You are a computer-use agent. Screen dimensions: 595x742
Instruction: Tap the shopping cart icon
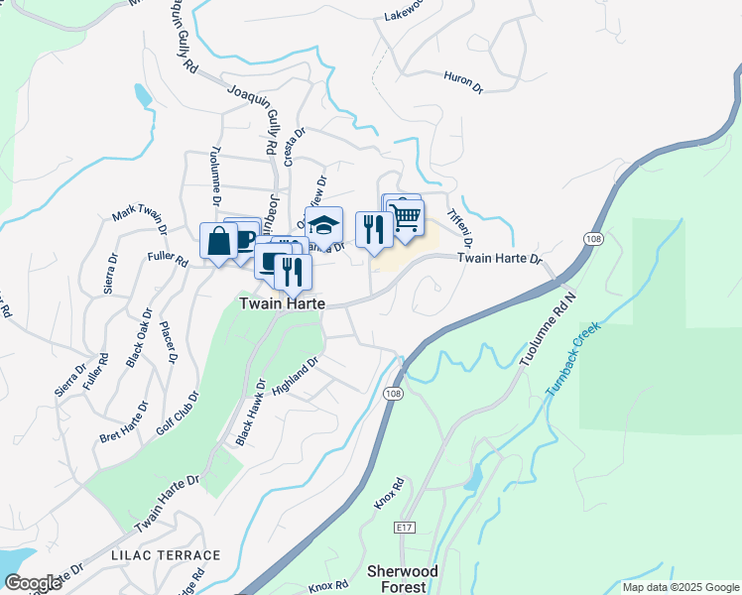click(406, 217)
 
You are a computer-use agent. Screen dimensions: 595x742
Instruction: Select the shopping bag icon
click(218, 241)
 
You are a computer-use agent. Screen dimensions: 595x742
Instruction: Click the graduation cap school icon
click(323, 225)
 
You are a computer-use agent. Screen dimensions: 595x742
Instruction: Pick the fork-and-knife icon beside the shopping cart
click(373, 230)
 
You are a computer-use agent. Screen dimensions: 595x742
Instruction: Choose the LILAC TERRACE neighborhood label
click(167, 555)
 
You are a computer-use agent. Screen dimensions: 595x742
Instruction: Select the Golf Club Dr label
click(178, 414)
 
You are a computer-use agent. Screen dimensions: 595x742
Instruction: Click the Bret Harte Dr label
click(124, 422)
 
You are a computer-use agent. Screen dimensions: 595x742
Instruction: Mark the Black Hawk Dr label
click(250, 412)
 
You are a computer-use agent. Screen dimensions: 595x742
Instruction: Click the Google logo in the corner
click(33, 583)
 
